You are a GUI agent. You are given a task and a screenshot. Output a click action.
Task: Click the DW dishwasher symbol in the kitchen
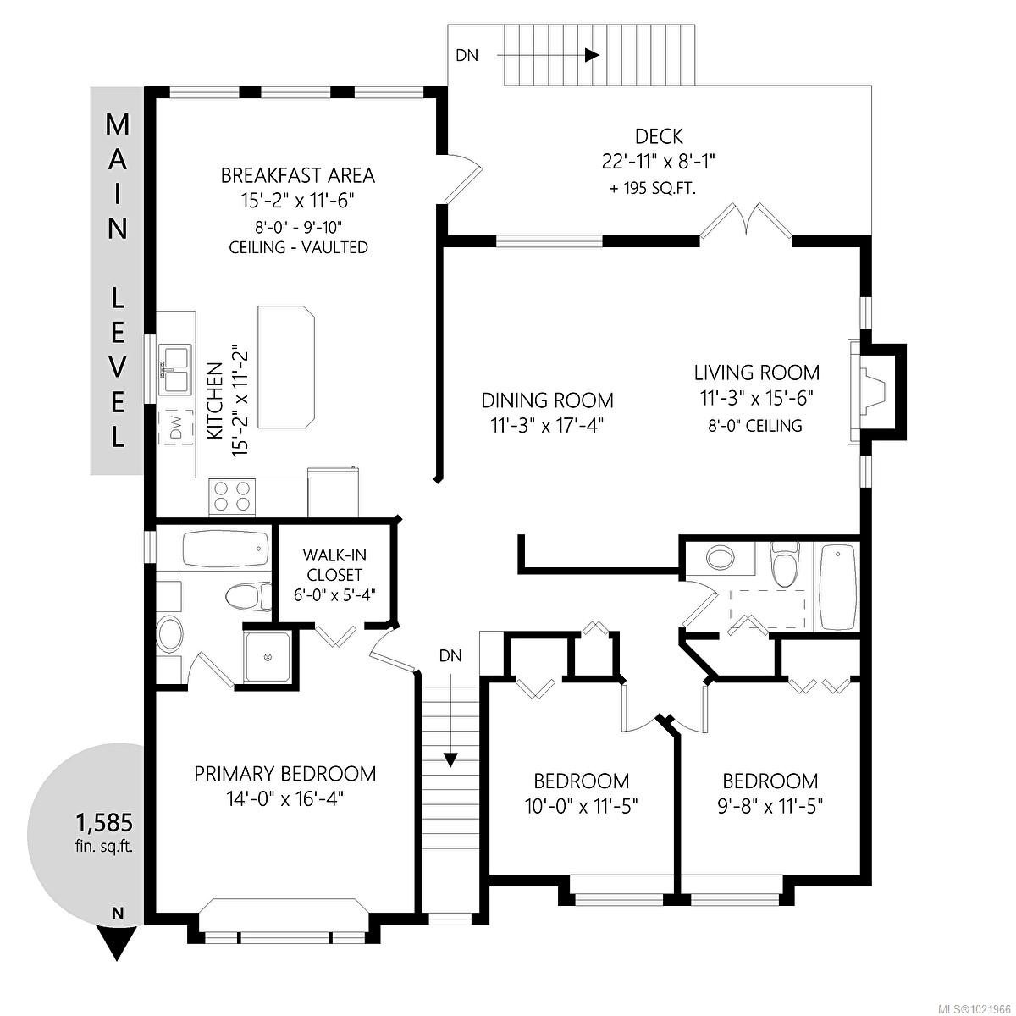[x=176, y=429]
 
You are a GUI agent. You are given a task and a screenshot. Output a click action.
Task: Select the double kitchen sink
[x=176, y=368]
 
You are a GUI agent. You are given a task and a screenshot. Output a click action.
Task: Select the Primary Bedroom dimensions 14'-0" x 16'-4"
[x=284, y=798]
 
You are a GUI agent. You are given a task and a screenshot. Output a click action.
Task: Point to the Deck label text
[x=659, y=136]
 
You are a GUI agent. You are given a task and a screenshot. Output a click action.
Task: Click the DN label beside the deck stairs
[x=467, y=56]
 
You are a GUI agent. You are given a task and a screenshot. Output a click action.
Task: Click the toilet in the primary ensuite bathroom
[x=246, y=595]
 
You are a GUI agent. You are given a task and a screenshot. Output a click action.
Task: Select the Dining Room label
[x=547, y=400]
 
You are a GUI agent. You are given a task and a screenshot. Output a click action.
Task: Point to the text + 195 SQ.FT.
[x=652, y=188]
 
